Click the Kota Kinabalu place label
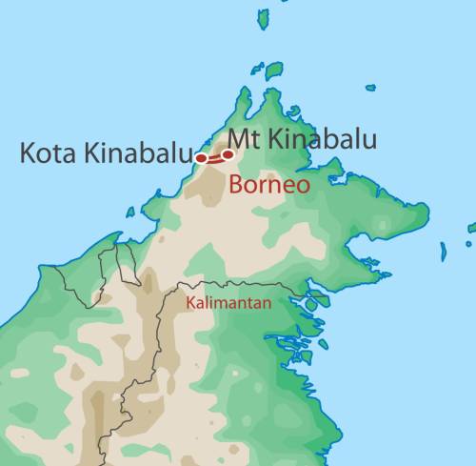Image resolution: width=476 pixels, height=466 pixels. pyautogui.click(x=108, y=153)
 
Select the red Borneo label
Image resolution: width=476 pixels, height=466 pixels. pyautogui.click(x=268, y=185)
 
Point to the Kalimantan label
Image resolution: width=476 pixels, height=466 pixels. pyautogui.click(x=228, y=303)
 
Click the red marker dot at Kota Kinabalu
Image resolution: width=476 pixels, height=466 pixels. pyautogui.click(x=201, y=158)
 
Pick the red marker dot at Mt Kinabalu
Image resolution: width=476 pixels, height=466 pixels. pyautogui.click(x=228, y=152)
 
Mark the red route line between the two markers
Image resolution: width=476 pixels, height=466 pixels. pyautogui.click(x=214, y=155)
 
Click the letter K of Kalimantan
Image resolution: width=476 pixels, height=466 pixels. pyautogui.click(x=190, y=303)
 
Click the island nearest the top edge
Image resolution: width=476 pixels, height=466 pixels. pyautogui.click(x=263, y=18)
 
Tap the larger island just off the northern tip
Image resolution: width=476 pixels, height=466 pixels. pyautogui.click(x=274, y=70)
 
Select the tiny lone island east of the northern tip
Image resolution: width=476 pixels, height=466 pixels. pyautogui.click(x=369, y=88)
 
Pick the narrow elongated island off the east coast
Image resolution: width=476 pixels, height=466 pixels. pyautogui.click(x=443, y=252)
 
